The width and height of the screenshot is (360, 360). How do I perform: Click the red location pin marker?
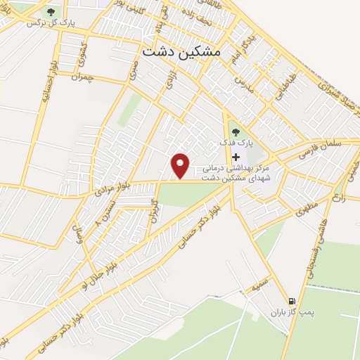coord(181,165)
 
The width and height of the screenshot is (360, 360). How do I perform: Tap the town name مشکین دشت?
coord(181,51)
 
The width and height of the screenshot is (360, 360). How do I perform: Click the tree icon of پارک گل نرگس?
coord(51,12)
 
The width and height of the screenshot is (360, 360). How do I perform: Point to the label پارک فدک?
coord(235,143)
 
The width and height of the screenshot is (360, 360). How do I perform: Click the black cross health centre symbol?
coord(236,157)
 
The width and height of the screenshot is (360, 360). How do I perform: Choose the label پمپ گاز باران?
coord(290,311)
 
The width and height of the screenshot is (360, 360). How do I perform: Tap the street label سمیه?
coord(261,285)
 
